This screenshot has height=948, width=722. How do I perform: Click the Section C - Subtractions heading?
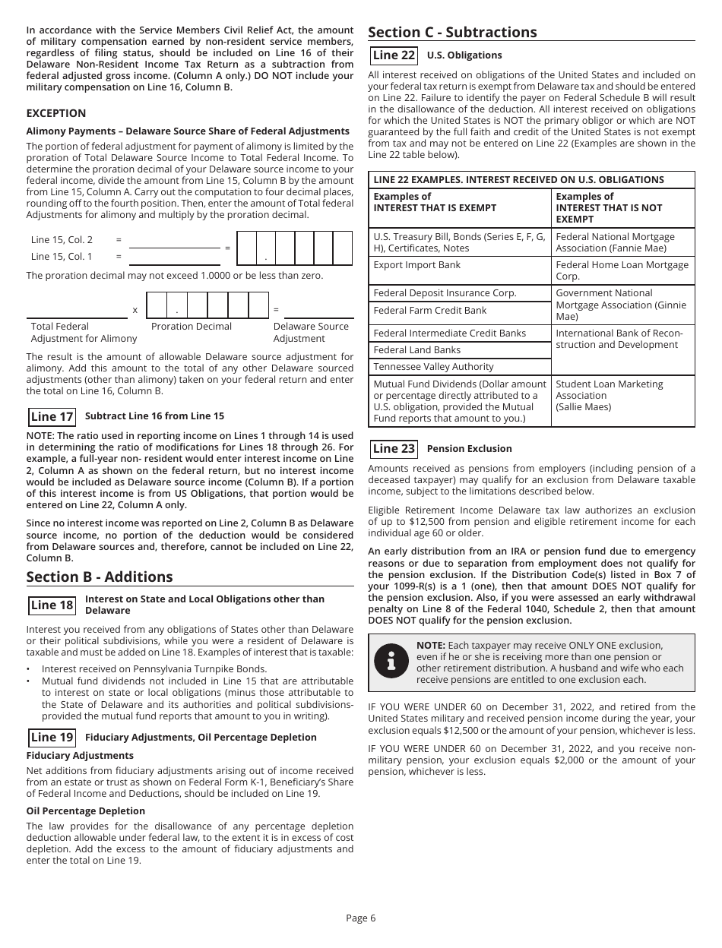pos(452,32)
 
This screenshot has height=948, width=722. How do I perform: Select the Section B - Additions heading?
pos(100,577)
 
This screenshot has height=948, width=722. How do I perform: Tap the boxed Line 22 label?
pos(394,55)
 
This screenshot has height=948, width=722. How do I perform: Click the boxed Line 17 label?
pos(52,416)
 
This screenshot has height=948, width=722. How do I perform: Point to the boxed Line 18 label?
pos(52,605)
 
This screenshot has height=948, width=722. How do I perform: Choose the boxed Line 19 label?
pos(52,738)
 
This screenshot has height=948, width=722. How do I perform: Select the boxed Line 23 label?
pos(394,449)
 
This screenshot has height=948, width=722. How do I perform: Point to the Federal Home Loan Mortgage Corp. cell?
pos(622,270)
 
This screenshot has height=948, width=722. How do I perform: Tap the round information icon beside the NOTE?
pos(391,662)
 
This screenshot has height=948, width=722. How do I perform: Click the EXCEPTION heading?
pos(56,113)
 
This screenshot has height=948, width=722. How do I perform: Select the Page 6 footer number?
pos(360,918)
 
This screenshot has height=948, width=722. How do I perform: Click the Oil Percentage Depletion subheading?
pos(86,811)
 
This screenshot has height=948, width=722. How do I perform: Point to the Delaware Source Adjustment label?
pos(311,333)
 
